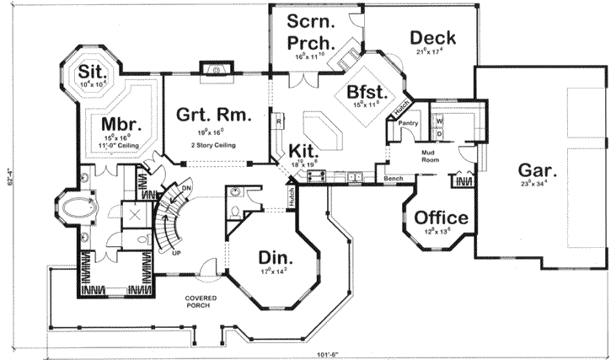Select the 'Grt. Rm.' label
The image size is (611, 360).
[x=213, y=116]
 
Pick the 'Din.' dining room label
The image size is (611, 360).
[x=274, y=258]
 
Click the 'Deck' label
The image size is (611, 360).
[x=433, y=37]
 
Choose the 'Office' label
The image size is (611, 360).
[x=442, y=218]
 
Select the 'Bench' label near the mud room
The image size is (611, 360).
[x=392, y=180]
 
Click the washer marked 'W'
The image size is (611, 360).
[x=439, y=120]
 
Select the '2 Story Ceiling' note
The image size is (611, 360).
[x=213, y=146]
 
